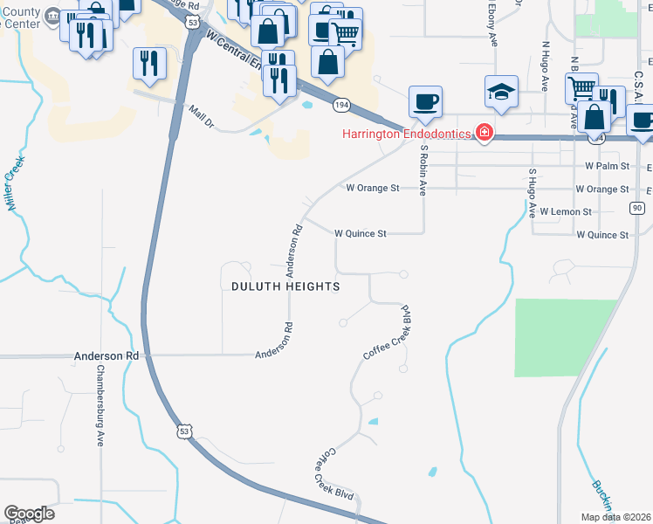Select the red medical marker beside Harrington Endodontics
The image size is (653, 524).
482,134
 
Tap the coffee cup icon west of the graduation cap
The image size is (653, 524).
425,100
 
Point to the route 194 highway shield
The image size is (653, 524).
341,105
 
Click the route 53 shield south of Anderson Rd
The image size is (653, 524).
184,431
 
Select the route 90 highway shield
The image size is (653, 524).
636,208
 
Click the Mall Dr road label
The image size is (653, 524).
201,116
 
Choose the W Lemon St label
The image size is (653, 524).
566,212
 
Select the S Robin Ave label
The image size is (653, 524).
423,169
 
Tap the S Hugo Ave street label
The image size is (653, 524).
531,192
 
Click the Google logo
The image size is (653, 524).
29,514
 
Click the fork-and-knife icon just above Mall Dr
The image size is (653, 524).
148,63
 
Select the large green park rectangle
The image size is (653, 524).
567,337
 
